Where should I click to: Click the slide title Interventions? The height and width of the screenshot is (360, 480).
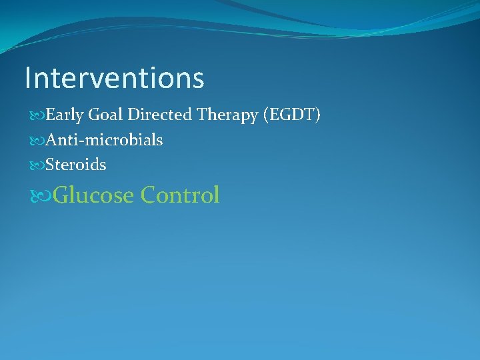pos(114,78)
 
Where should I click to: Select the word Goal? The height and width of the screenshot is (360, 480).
pos(105,116)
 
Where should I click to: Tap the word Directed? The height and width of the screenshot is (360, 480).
pos(159,116)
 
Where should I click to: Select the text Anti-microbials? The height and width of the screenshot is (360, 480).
pos(104,141)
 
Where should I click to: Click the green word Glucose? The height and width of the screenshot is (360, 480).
pos(93,195)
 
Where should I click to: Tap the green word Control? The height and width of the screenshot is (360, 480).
pos(180,195)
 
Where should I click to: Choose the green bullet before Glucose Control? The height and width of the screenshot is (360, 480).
pos(39,196)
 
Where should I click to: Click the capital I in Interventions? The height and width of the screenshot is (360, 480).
pos(27,78)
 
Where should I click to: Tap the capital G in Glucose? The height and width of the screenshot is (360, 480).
pos(61,195)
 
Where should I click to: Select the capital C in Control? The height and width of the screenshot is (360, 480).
pos(149,195)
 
